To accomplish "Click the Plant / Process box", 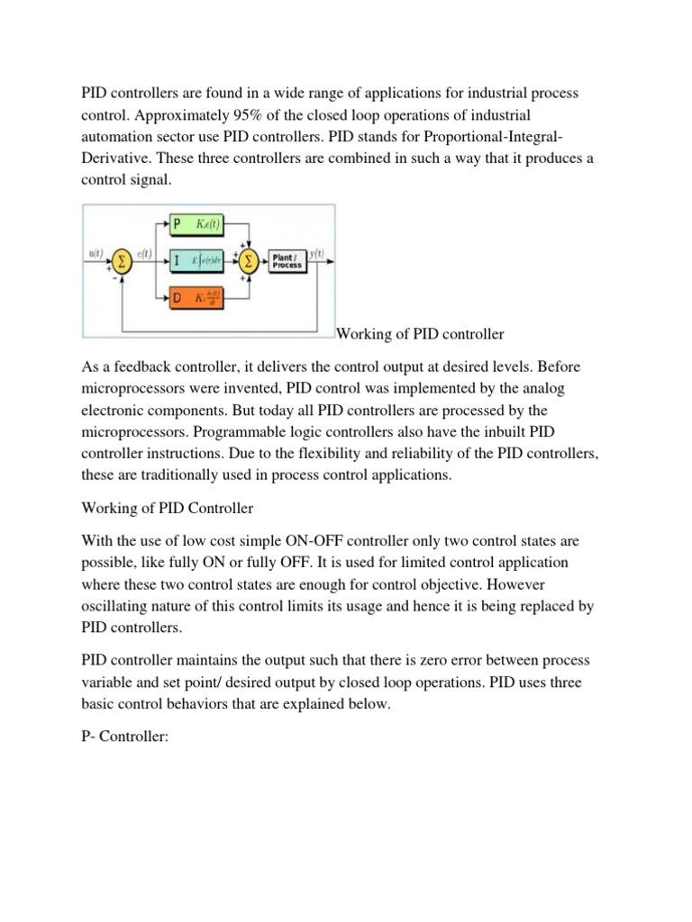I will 287,262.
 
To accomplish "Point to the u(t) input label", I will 97,255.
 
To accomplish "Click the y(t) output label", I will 317,255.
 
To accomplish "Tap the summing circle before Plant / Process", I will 244,262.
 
